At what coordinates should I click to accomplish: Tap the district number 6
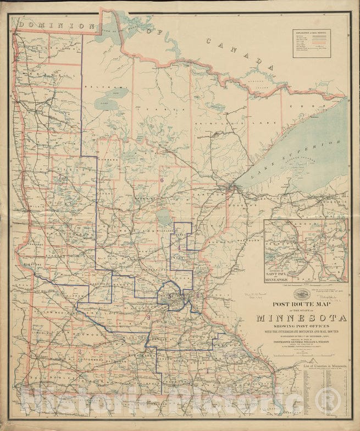click(x=162, y=180)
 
